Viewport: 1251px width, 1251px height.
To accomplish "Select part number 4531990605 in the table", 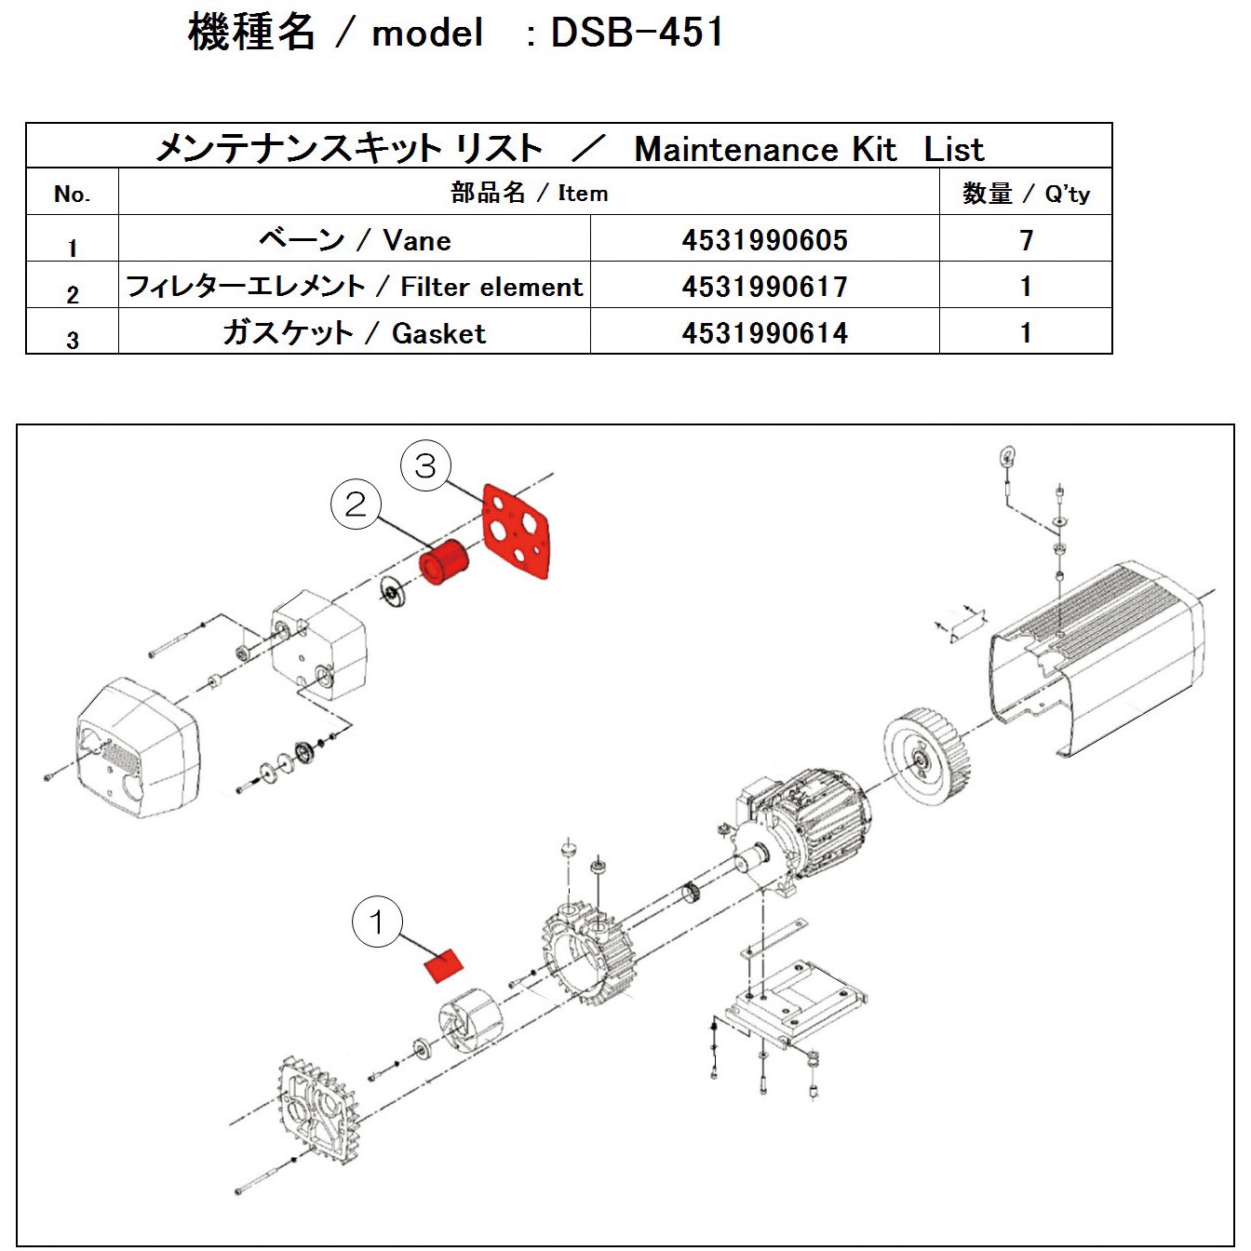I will (764, 240).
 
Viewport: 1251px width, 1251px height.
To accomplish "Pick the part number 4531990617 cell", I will (764, 287).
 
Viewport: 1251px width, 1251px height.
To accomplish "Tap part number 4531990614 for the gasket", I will (764, 333).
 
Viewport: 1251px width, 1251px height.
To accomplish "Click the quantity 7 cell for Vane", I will (1026, 240).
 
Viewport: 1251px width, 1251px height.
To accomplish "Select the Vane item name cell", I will (355, 240).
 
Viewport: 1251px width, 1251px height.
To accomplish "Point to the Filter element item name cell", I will (355, 287).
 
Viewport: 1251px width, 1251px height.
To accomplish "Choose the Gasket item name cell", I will (355, 333).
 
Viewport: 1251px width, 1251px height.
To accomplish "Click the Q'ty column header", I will (1026, 194).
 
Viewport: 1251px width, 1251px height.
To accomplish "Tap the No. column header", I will (72, 194).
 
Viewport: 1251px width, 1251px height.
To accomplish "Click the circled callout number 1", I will (376, 922).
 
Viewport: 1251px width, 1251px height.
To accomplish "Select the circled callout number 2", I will (356, 504).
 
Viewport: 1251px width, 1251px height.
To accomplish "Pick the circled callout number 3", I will (425, 465).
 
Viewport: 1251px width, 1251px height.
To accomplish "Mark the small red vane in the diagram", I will (444, 966).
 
